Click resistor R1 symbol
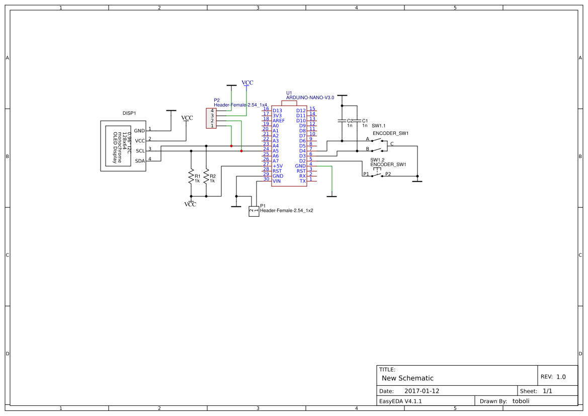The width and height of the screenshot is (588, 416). click(191, 177)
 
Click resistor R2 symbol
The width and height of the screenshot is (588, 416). click(206, 177)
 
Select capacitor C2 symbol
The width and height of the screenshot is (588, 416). click(343, 121)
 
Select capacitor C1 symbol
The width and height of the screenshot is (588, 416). click(357, 121)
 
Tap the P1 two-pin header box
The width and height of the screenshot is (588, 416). click(254, 212)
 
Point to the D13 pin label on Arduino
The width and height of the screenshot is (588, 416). click(277, 111)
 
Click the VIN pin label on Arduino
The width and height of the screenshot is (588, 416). click(277, 181)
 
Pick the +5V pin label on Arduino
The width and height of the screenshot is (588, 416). click(278, 166)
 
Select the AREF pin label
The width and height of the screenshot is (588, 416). click(279, 121)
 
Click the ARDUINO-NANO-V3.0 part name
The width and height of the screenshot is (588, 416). click(310, 98)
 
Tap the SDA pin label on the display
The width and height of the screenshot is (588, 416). click(140, 161)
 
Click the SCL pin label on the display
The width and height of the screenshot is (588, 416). click(140, 151)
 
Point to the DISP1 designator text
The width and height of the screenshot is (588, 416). click(129, 114)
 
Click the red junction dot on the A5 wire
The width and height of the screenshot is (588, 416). click(241, 151)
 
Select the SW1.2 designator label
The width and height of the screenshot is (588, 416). click(377, 159)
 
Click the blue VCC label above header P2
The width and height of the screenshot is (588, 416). click(247, 82)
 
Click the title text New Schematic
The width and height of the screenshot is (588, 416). click(407, 378)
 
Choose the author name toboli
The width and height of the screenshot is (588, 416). click(521, 401)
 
